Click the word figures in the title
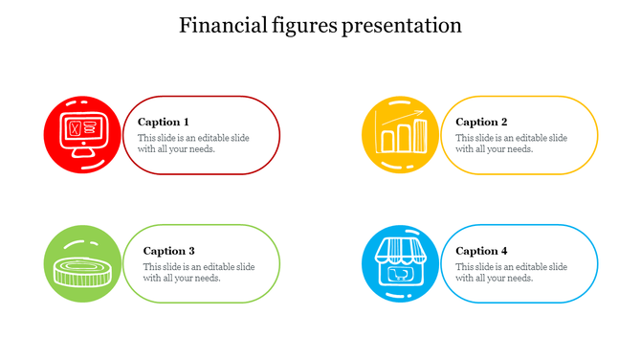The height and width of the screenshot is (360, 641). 305,26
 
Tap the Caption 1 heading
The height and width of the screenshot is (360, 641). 163,122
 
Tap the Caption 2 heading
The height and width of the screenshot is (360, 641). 481,122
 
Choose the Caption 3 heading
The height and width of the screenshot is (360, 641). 169,251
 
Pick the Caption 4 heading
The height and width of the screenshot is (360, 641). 481,251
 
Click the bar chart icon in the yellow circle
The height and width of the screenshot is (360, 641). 400,135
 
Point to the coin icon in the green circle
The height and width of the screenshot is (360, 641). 82,270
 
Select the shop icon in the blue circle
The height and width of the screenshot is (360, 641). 400,263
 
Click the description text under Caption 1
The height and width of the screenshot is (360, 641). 193,144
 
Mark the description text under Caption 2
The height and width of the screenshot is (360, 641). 511,144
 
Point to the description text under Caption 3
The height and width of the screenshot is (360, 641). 199,272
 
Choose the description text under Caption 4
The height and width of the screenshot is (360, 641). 511,272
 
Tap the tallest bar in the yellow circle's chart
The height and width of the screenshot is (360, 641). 419,135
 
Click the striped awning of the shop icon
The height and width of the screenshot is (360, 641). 400,251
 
